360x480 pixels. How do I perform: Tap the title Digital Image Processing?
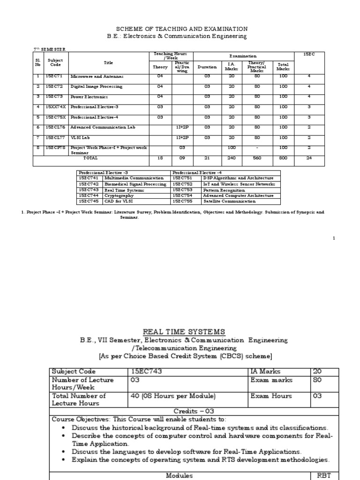pyautogui.click(x=96, y=86)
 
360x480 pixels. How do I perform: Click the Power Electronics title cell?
pyautogui.click(x=89, y=97)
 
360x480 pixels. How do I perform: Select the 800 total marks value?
pyautogui.click(x=283, y=158)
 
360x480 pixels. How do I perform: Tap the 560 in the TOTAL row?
pyautogui.click(x=257, y=158)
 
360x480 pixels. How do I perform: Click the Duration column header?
pyautogui.click(x=207, y=67)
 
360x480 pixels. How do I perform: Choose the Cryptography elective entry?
pyautogui.click(x=119, y=195)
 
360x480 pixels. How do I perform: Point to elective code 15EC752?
pyautogui.click(x=182, y=184)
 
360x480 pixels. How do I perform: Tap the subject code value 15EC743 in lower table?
pyautogui.click(x=145, y=371)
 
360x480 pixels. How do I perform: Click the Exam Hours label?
pyautogui.click(x=271, y=396)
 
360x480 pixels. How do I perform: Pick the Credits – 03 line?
pyautogui.click(x=180, y=411)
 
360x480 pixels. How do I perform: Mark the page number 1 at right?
pyautogui.click(x=334, y=239)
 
